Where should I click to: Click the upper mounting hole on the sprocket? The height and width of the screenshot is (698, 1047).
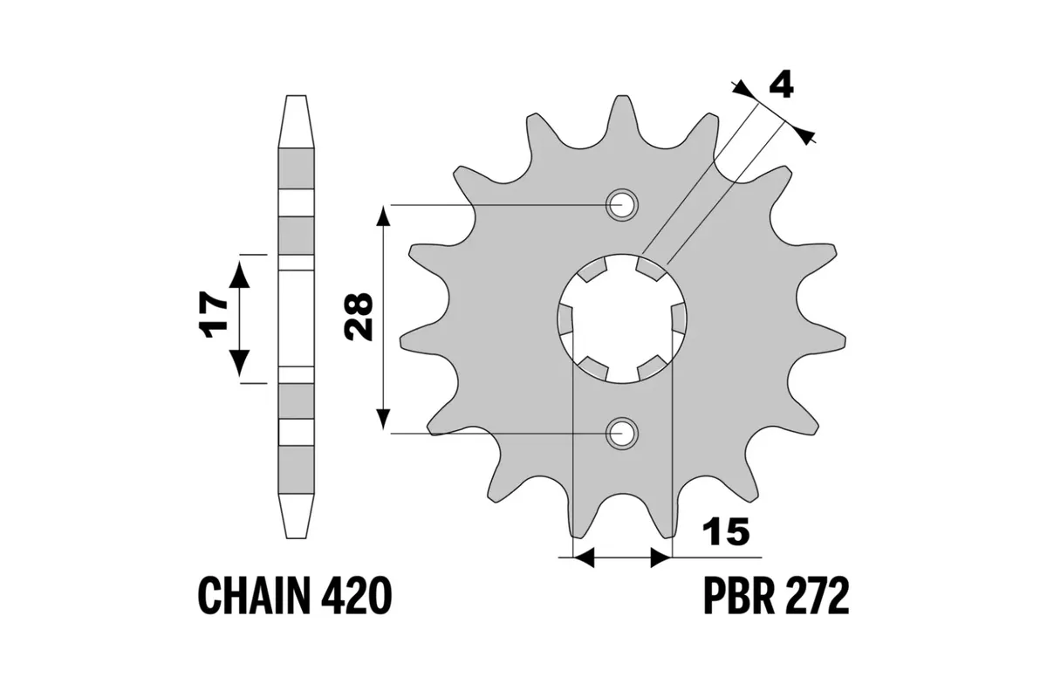coord(622,206)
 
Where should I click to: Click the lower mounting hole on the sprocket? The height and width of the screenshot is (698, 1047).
coord(622,433)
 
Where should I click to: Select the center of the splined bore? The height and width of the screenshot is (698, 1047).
coord(622,318)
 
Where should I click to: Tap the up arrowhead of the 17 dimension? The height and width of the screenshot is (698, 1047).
coord(239,273)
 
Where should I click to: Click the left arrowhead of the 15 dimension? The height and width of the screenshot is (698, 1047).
coord(582,558)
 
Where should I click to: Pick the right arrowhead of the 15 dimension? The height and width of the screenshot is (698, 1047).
coord(662,558)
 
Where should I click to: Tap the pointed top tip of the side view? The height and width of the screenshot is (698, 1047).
coord(296,97)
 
